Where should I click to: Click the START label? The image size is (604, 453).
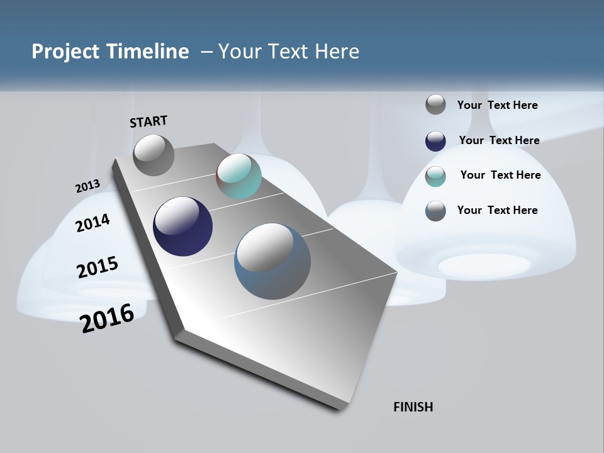148,121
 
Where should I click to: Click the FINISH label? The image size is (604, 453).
413,407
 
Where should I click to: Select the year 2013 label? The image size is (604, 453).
87,186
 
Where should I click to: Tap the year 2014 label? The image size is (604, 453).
92,223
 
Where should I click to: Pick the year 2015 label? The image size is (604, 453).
98,267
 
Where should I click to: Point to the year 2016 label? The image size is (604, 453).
107,318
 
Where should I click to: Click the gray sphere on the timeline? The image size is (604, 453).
154,155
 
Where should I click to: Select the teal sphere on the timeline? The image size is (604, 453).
238,176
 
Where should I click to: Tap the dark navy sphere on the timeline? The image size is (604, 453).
182,226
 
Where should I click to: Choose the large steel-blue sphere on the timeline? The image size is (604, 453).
272,261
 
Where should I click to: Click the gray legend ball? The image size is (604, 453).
435,104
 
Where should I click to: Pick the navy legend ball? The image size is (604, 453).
435,141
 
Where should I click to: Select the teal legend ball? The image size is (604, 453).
435,176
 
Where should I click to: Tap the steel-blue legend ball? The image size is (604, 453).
435,211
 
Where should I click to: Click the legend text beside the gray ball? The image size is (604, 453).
497,105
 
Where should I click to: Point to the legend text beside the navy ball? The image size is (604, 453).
499,140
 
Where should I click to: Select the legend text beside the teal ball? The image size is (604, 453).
500,175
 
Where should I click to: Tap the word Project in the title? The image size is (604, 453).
65,52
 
